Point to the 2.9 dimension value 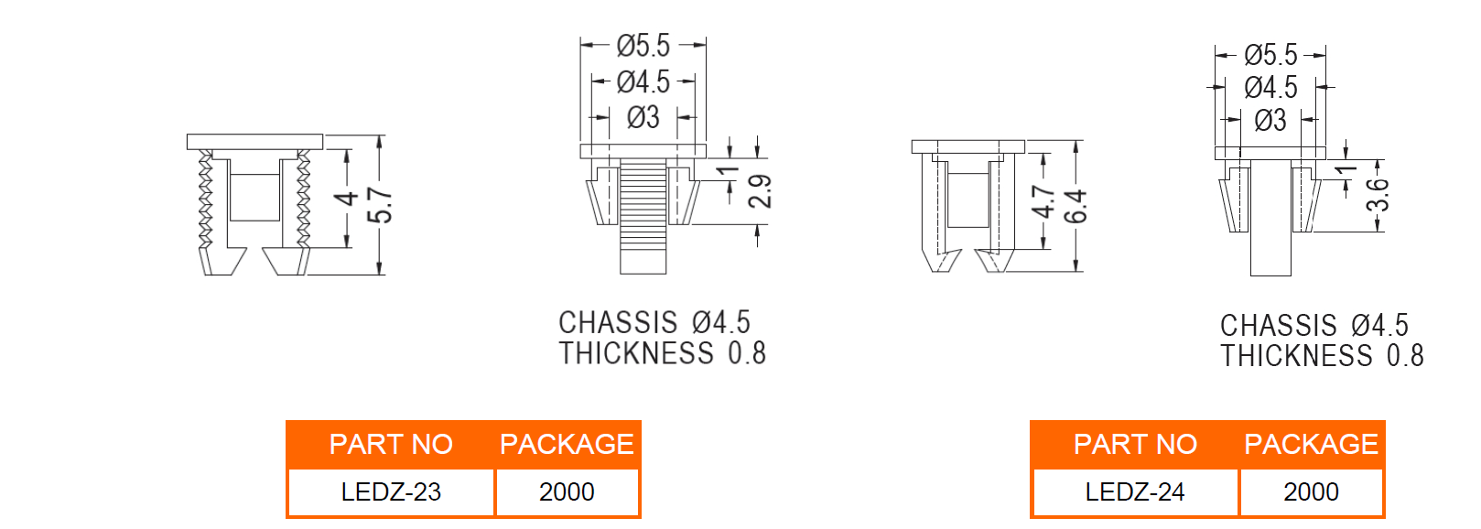point(760,192)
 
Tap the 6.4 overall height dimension point(1075,206)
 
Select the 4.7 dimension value point(1043,202)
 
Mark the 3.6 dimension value point(1378,196)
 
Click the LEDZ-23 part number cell point(391,492)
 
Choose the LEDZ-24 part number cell point(1135,492)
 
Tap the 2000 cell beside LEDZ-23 point(567,492)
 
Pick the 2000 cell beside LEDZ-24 point(1311,492)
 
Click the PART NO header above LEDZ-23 point(391,445)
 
